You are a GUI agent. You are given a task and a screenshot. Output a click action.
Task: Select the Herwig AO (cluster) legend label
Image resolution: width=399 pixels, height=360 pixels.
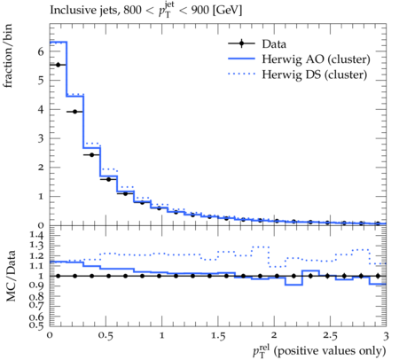point(316,59)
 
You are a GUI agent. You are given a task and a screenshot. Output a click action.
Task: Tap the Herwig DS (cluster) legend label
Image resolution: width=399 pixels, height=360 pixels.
point(315,74)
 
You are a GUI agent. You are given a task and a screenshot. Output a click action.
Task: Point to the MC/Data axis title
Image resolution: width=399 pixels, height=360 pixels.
point(11,276)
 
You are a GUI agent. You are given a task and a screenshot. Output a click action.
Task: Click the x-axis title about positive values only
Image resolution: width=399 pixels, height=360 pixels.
point(319,350)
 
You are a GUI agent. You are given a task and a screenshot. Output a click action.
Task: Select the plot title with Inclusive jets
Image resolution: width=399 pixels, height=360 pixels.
point(146,10)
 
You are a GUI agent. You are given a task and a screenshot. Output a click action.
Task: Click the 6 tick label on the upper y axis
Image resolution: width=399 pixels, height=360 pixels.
point(41,51)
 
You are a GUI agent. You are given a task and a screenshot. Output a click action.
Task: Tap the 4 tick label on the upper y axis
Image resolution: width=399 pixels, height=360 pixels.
point(41,109)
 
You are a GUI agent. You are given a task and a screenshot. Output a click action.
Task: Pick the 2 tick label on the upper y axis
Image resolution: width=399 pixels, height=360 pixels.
point(41,168)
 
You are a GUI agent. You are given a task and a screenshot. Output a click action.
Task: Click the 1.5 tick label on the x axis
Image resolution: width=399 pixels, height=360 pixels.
point(218,336)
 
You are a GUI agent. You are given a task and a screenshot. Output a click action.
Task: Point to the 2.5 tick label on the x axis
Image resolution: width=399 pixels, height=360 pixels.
point(330,336)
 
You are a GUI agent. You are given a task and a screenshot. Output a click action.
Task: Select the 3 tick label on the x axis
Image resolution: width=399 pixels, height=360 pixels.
point(386,336)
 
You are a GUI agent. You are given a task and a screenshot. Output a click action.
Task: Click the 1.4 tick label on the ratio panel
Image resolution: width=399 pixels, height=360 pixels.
point(36,235)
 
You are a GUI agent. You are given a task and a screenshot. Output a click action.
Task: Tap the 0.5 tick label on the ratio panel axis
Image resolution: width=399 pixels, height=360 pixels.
point(36,325)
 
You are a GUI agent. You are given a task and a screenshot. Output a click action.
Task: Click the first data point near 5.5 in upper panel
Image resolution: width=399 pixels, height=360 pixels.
point(58,65)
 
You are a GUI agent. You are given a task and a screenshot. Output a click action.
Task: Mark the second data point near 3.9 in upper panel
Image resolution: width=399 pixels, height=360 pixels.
point(74,112)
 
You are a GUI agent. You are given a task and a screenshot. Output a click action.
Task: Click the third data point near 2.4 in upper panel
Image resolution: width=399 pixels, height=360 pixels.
point(91,155)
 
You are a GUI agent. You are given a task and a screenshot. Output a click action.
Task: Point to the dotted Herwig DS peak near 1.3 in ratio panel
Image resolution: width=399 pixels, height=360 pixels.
point(261,247)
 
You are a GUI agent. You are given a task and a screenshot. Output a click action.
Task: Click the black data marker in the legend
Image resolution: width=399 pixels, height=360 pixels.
point(241,43)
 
